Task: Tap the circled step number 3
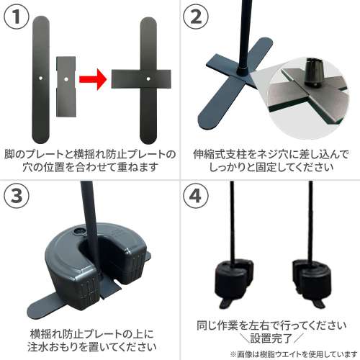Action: (17, 195)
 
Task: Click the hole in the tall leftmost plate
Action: (42, 75)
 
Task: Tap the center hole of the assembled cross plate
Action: (147, 75)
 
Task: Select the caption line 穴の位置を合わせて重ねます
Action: (90, 168)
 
